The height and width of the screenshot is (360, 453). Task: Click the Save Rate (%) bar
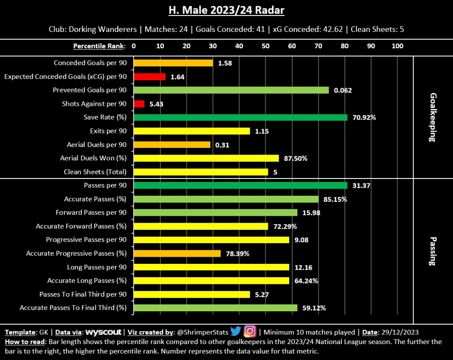[240, 117]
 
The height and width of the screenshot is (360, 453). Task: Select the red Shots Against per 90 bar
[139, 104]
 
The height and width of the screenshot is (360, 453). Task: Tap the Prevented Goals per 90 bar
[231, 90]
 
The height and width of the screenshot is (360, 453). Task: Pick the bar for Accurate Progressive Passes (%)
[177, 254]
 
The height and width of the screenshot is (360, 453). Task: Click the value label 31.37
[361, 186]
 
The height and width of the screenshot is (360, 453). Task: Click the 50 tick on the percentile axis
[265, 46]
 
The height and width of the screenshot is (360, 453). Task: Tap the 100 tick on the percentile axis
[397, 46]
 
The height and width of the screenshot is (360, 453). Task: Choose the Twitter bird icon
[236, 332]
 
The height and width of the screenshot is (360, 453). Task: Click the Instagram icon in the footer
[250, 332]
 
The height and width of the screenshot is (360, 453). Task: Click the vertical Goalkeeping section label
[432, 117]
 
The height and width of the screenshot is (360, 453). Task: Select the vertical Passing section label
[432, 250]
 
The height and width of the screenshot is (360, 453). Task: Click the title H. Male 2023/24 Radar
[226, 10]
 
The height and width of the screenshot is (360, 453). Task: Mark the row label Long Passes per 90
[97, 267]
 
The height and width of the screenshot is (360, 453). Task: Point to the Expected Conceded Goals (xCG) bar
[150, 77]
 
